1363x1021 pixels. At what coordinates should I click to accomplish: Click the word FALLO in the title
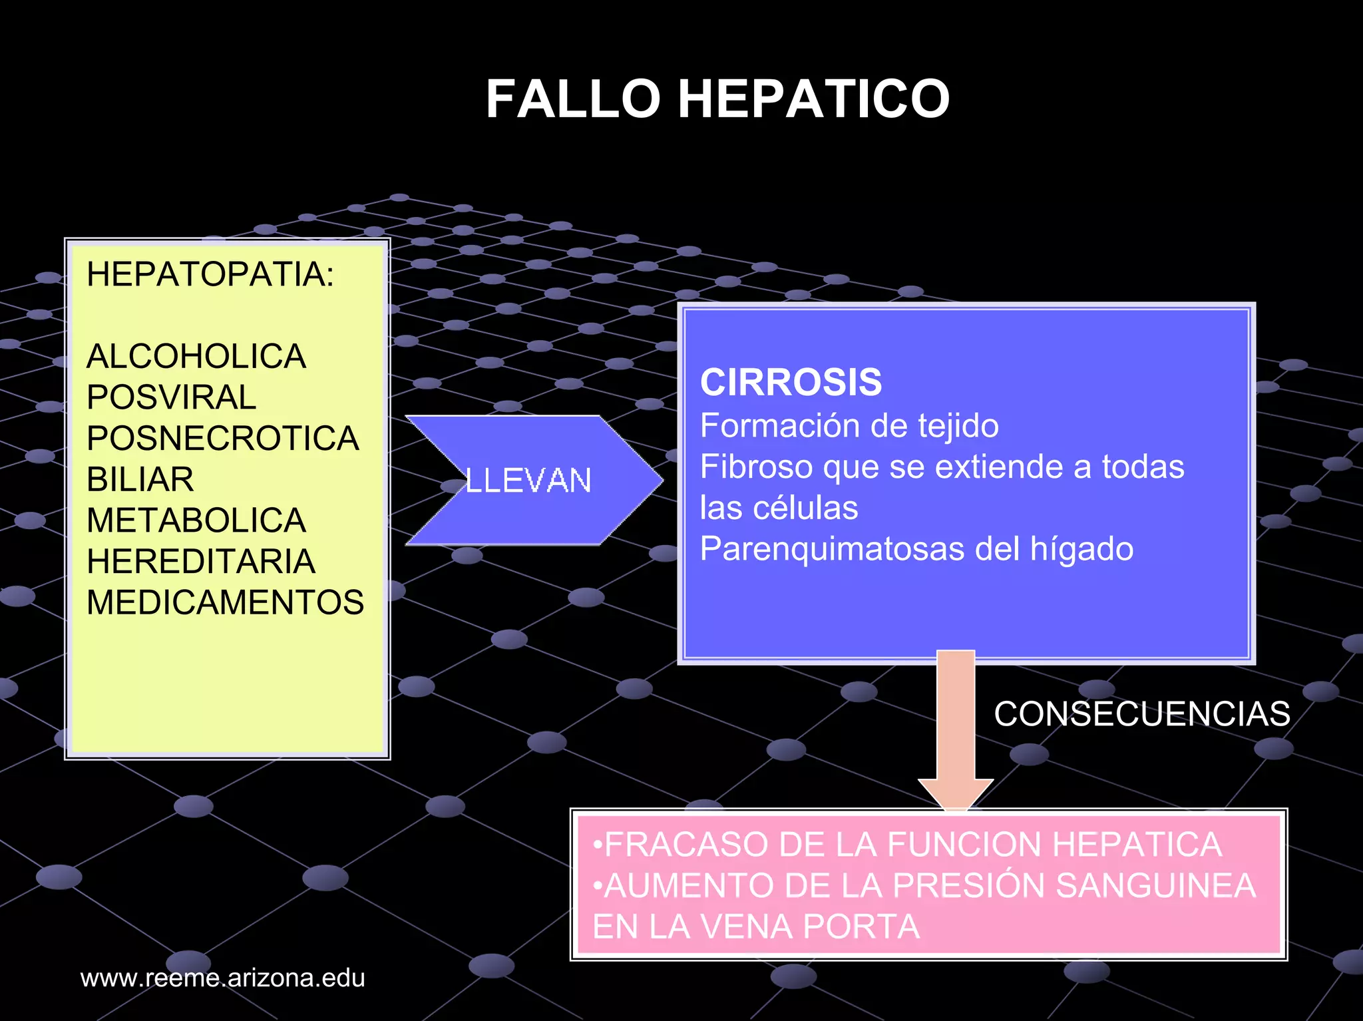click(x=572, y=100)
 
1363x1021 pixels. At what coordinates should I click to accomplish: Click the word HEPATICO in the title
click(x=813, y=100)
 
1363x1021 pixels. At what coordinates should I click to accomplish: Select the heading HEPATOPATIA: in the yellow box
click(x=210, y=274)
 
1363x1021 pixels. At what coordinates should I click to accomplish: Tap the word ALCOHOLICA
click(x=196, y=356)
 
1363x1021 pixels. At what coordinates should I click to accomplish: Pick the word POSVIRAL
click(x=171, y=397)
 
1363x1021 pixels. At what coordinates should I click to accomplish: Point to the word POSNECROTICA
click(x=222, y=439)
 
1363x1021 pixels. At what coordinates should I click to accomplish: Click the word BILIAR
click(x=140, y=479)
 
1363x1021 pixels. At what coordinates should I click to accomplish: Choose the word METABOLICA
click(x=196, y=520)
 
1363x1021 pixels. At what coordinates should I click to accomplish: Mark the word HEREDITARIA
click(x=200, y=562)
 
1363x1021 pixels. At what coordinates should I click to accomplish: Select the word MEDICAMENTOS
click(x=225, y=602)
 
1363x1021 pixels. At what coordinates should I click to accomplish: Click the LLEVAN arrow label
click(x=528, y=481)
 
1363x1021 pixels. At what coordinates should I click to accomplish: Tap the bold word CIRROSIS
click(x=791, y=383)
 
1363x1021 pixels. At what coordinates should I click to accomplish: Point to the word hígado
click(x=1081, y=549)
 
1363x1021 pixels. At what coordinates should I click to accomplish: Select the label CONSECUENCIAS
click(x=1142, y=714)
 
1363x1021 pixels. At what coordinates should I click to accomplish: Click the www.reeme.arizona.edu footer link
click(x=222, y=978)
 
